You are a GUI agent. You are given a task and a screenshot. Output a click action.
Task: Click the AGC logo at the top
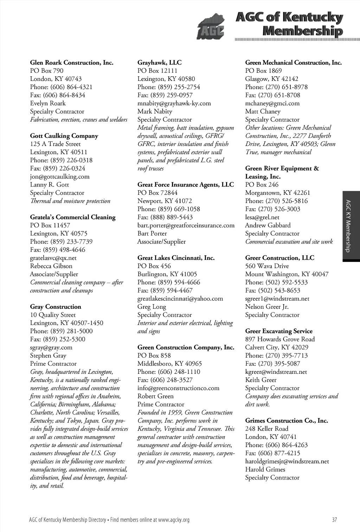click(211, 27)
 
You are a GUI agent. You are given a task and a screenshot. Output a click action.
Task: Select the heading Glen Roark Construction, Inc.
click(72, 63)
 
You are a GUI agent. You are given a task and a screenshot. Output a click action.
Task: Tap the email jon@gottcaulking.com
click(60, 177)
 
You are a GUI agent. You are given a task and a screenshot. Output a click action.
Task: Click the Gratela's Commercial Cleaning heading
click(73, 217)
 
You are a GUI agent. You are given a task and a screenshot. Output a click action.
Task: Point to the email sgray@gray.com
click(51, 347)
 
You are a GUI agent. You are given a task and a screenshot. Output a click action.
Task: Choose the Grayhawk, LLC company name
click(160, 63)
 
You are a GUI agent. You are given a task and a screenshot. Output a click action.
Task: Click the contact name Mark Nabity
click(155, 111)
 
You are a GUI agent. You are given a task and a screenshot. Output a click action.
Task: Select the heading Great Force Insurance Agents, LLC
click(186, 185)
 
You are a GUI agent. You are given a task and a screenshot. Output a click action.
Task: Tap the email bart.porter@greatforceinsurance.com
click(186, 225)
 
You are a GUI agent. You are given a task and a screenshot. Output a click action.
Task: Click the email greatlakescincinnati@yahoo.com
click(180, 299)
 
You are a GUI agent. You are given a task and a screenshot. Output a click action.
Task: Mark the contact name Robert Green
click(155, 396)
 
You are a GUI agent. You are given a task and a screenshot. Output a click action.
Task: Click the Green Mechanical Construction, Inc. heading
click(294, 63)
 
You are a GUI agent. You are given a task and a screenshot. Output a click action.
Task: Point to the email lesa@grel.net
click(262, 217)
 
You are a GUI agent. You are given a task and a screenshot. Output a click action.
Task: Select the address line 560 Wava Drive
click(267, 266)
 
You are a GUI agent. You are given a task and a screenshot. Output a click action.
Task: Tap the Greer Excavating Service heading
click(279, 331)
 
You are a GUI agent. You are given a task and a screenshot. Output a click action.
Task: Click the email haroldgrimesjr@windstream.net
click(287, 461)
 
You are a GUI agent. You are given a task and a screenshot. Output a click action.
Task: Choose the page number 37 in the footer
click(334, 520)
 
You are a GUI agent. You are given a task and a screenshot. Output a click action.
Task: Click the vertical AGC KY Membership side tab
click(351, 226)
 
